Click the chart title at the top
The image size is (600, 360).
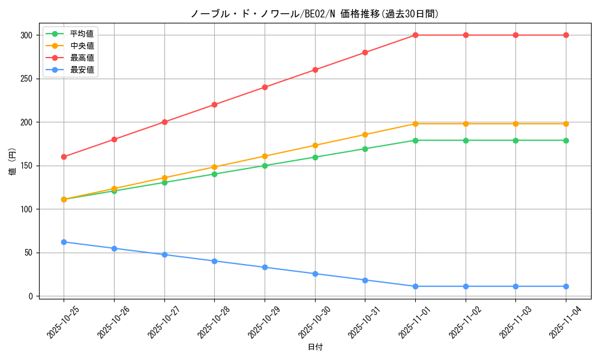pos(315,14)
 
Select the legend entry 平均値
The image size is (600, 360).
pos(82,34)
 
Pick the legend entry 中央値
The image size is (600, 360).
pos(82,46)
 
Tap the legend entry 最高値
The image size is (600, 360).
pos(82,58)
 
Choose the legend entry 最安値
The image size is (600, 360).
pos(82,70)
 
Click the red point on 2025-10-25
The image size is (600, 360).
pos(64,157)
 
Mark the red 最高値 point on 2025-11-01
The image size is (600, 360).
pos(415,35)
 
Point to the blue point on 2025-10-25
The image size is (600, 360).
pos(64,242)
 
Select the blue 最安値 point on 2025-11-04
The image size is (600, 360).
pos(566,286)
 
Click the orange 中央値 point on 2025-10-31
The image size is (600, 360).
pos(365,134)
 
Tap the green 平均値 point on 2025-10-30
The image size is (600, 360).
pos(315,157)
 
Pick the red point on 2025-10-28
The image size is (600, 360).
pos(214,104)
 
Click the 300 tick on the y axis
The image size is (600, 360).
pos(25,35)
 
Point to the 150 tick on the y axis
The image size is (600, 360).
pos(25,166)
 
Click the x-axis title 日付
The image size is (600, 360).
pos(315,347)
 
